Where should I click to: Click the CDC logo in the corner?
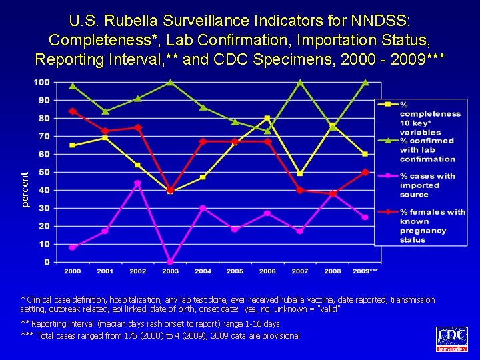pyautogui.click(x=451, y=339)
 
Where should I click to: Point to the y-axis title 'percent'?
pyautogui.click(x=25, y=189)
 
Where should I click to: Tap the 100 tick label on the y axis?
pyautogui.click(x=41, y=82)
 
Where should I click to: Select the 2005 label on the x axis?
pyautogui.click(x=235, y=271)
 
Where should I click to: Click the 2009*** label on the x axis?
pyautogui.click(x=365, y=271)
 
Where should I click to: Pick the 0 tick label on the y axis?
pyautogui.click(x=46, y=262)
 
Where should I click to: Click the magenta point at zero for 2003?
pyautogui.click(x=170, y=262)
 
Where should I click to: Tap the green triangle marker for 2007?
pyautogui.click(x=300, y=83)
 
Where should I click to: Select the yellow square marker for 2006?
pyautogui.click(x=267, y=119)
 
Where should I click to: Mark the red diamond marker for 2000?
pyautogui.click(x=73, y=111)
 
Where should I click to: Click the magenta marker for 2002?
pyautogui.click(x=137, y=183)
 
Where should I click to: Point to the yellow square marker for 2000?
pyautogui.click(x=73, y=145)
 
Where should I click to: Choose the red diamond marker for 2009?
pyautogui.click(x=365, y=172)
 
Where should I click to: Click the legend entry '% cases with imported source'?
pyautogui.click(x=427, y=185)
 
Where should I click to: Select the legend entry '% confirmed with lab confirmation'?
pyautogui.click(x=427, y=150)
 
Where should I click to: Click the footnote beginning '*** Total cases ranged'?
pyautogui.click(x=161, y=335)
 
